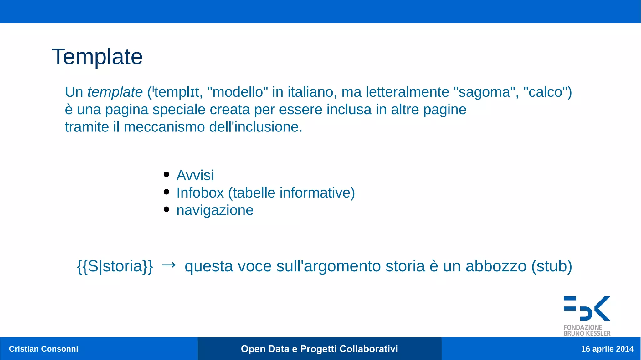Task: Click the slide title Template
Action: click(97, 57)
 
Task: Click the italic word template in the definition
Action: click(115, 92)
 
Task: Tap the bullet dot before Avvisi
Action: click(167, 174)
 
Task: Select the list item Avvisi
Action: click(195, 175)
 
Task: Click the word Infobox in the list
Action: click(200, 193)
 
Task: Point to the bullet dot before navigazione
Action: click(167, 209)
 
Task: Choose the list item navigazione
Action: click(215, 210)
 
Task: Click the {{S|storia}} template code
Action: click(115, 266)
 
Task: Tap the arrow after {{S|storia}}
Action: click(169, 265)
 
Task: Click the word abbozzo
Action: click(496, 266)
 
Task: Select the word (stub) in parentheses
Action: click(551, 266)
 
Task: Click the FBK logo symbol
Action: click(587, 308)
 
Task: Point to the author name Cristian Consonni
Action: click(44, 349)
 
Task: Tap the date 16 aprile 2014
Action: click(607, 349)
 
